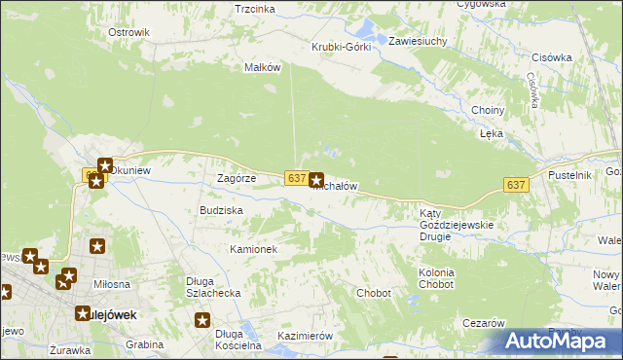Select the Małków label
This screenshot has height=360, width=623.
pyautogui.click(x=262, y=67)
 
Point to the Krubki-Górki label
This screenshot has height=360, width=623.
pyautogui.click(x=341, y=47)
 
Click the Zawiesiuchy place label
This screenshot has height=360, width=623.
pyautogui.click(x=417, y=42)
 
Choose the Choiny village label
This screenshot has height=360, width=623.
pyautogui.click(x=487, y=110)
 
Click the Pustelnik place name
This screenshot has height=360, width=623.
pyautogui.click(x=570, y=174)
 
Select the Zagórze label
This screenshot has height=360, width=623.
pyautogui.click(x=236, y=179)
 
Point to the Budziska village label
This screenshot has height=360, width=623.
pyautogui.click(x=221, y=210)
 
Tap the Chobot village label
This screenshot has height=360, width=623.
pyautogui.click(x=374, y=293)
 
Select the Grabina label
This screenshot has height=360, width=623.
pyautogui.click(x=144, y=344)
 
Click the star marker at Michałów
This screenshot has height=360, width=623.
pyautogui.click(x=316, y=180)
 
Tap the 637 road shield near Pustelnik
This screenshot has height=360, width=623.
pyautogui.click(x=516, y=185)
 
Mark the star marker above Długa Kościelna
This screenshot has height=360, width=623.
pyautogui.click(x=202, y=320)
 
